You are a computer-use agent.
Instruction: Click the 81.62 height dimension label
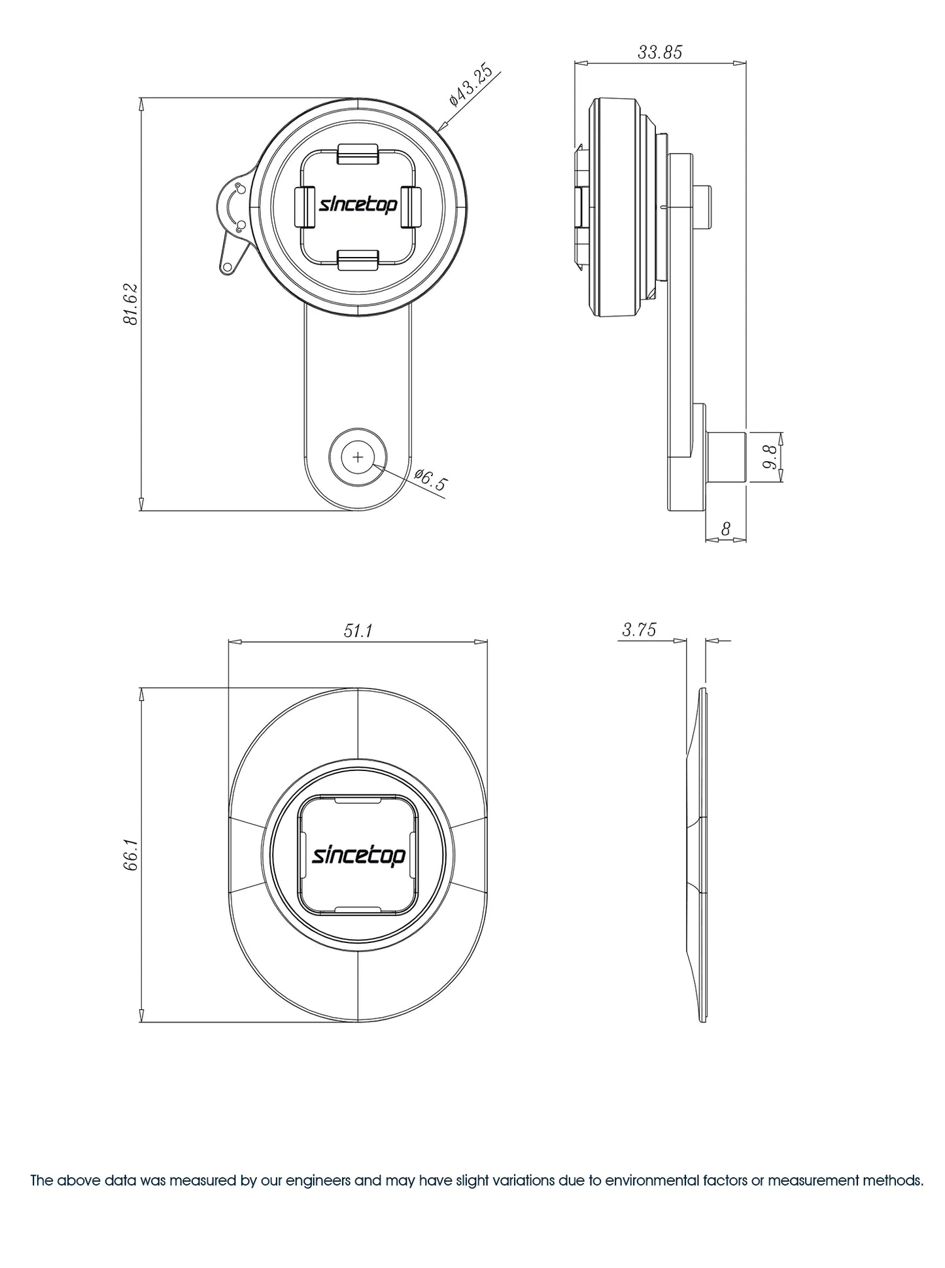[x=129, y=305]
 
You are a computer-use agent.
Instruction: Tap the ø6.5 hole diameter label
[x=432, y=480]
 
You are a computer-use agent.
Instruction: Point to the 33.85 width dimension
[x=660, y=52]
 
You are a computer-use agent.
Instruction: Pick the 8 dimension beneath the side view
[x=725, y=528]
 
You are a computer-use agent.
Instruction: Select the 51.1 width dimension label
[x=358, y=630]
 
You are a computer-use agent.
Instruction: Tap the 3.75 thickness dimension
[x=639, y=630]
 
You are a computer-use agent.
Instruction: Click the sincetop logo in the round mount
[x=358, y=205]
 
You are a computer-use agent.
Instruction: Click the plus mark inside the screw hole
[x=358, y=457]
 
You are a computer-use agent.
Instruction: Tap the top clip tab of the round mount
[x=358, y=154]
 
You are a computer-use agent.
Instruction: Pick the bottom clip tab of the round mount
[x=358, y=260]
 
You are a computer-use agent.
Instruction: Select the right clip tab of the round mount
[x=410, y=207]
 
